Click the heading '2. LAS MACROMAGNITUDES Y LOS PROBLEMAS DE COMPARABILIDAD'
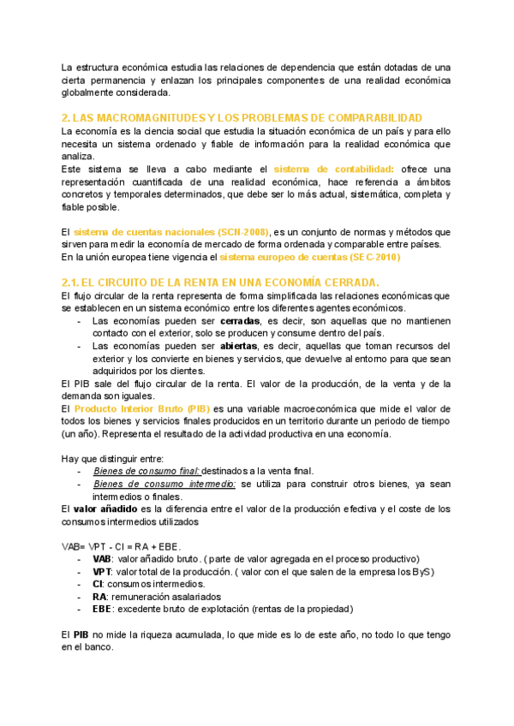click(242, 116)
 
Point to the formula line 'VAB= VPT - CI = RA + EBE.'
click(120, 545)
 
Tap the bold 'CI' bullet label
click(98, 583)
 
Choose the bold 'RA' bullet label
click(99, 596)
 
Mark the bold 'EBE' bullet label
click(102, 609)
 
